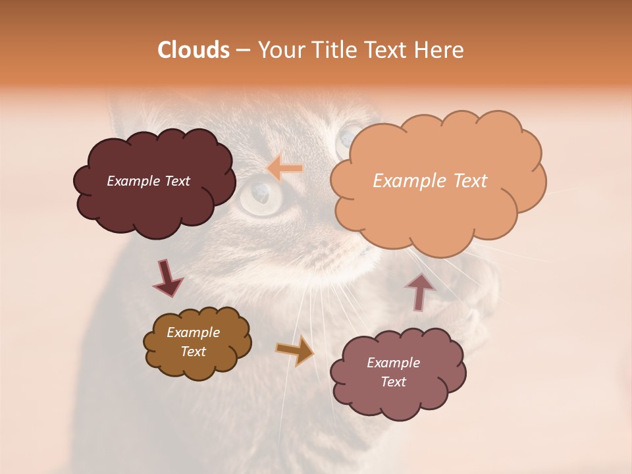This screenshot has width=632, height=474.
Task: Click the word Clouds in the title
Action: tap(193, 50)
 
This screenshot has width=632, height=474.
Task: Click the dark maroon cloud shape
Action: tap(154, 204)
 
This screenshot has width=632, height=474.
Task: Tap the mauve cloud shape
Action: tap(398, 395)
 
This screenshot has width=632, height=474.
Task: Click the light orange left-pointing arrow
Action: tap(285, 169)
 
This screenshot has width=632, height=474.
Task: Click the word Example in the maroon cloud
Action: tap(133, 181)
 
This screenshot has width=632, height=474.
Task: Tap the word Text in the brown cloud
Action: tap(194, 352)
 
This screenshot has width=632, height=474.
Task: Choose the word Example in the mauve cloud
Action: tap(393, 363)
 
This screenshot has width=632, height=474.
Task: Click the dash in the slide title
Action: tap(243, 50)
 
